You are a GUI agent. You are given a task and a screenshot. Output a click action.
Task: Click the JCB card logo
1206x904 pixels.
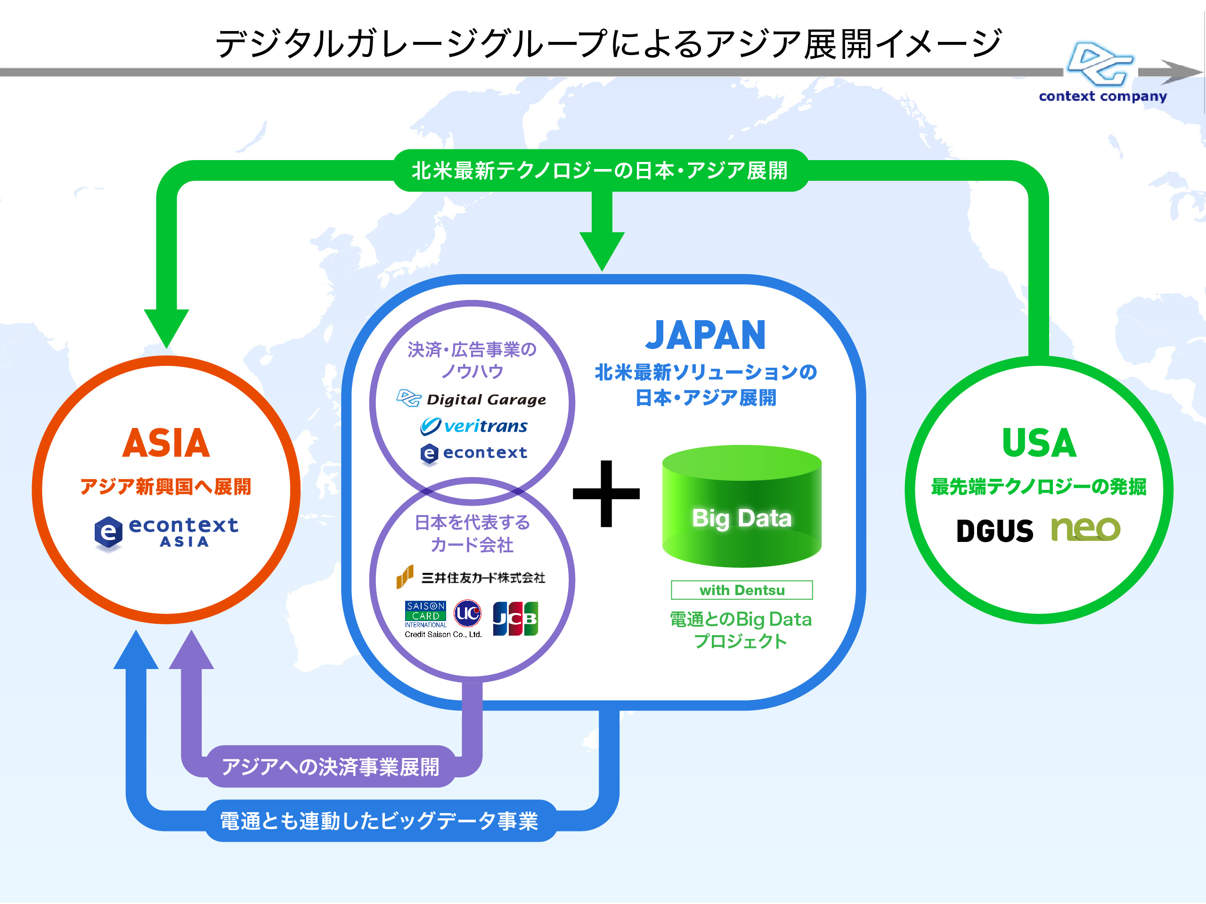[515, 619]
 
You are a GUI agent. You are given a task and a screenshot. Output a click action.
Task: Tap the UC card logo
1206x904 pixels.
[467, 613]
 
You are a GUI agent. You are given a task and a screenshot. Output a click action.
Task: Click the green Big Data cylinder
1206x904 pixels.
[742, 507]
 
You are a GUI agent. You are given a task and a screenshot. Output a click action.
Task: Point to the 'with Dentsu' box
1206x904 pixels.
[742, 590]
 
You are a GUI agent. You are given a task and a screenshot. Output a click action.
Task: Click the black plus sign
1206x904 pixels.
[606, 494]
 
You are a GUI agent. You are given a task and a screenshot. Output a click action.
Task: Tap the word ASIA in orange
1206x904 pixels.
[166, 443]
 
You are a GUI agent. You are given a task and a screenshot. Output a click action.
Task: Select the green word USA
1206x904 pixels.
[1039, 443]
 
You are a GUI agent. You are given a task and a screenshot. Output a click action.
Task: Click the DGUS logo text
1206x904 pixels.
[994, 531]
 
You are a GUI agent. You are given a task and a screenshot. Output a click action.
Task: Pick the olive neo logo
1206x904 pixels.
[1085, 529]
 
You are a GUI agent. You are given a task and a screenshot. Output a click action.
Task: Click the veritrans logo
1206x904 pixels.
[474, 426]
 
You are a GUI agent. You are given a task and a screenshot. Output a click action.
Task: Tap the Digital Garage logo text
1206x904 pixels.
[486, 399]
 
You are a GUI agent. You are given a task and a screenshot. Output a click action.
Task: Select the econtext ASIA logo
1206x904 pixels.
[166, 533]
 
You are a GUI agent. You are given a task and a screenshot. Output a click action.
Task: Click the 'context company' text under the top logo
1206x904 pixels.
[1102, 97]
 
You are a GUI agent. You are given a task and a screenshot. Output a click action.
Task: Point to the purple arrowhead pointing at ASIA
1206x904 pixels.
[191, 651]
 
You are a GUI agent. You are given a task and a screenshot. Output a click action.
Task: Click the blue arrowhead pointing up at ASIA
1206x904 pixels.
[136, 651]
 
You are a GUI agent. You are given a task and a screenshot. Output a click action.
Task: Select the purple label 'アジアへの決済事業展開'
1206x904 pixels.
[330, 767]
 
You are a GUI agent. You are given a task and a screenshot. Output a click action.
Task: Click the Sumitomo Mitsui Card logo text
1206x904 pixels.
[483, 578]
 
